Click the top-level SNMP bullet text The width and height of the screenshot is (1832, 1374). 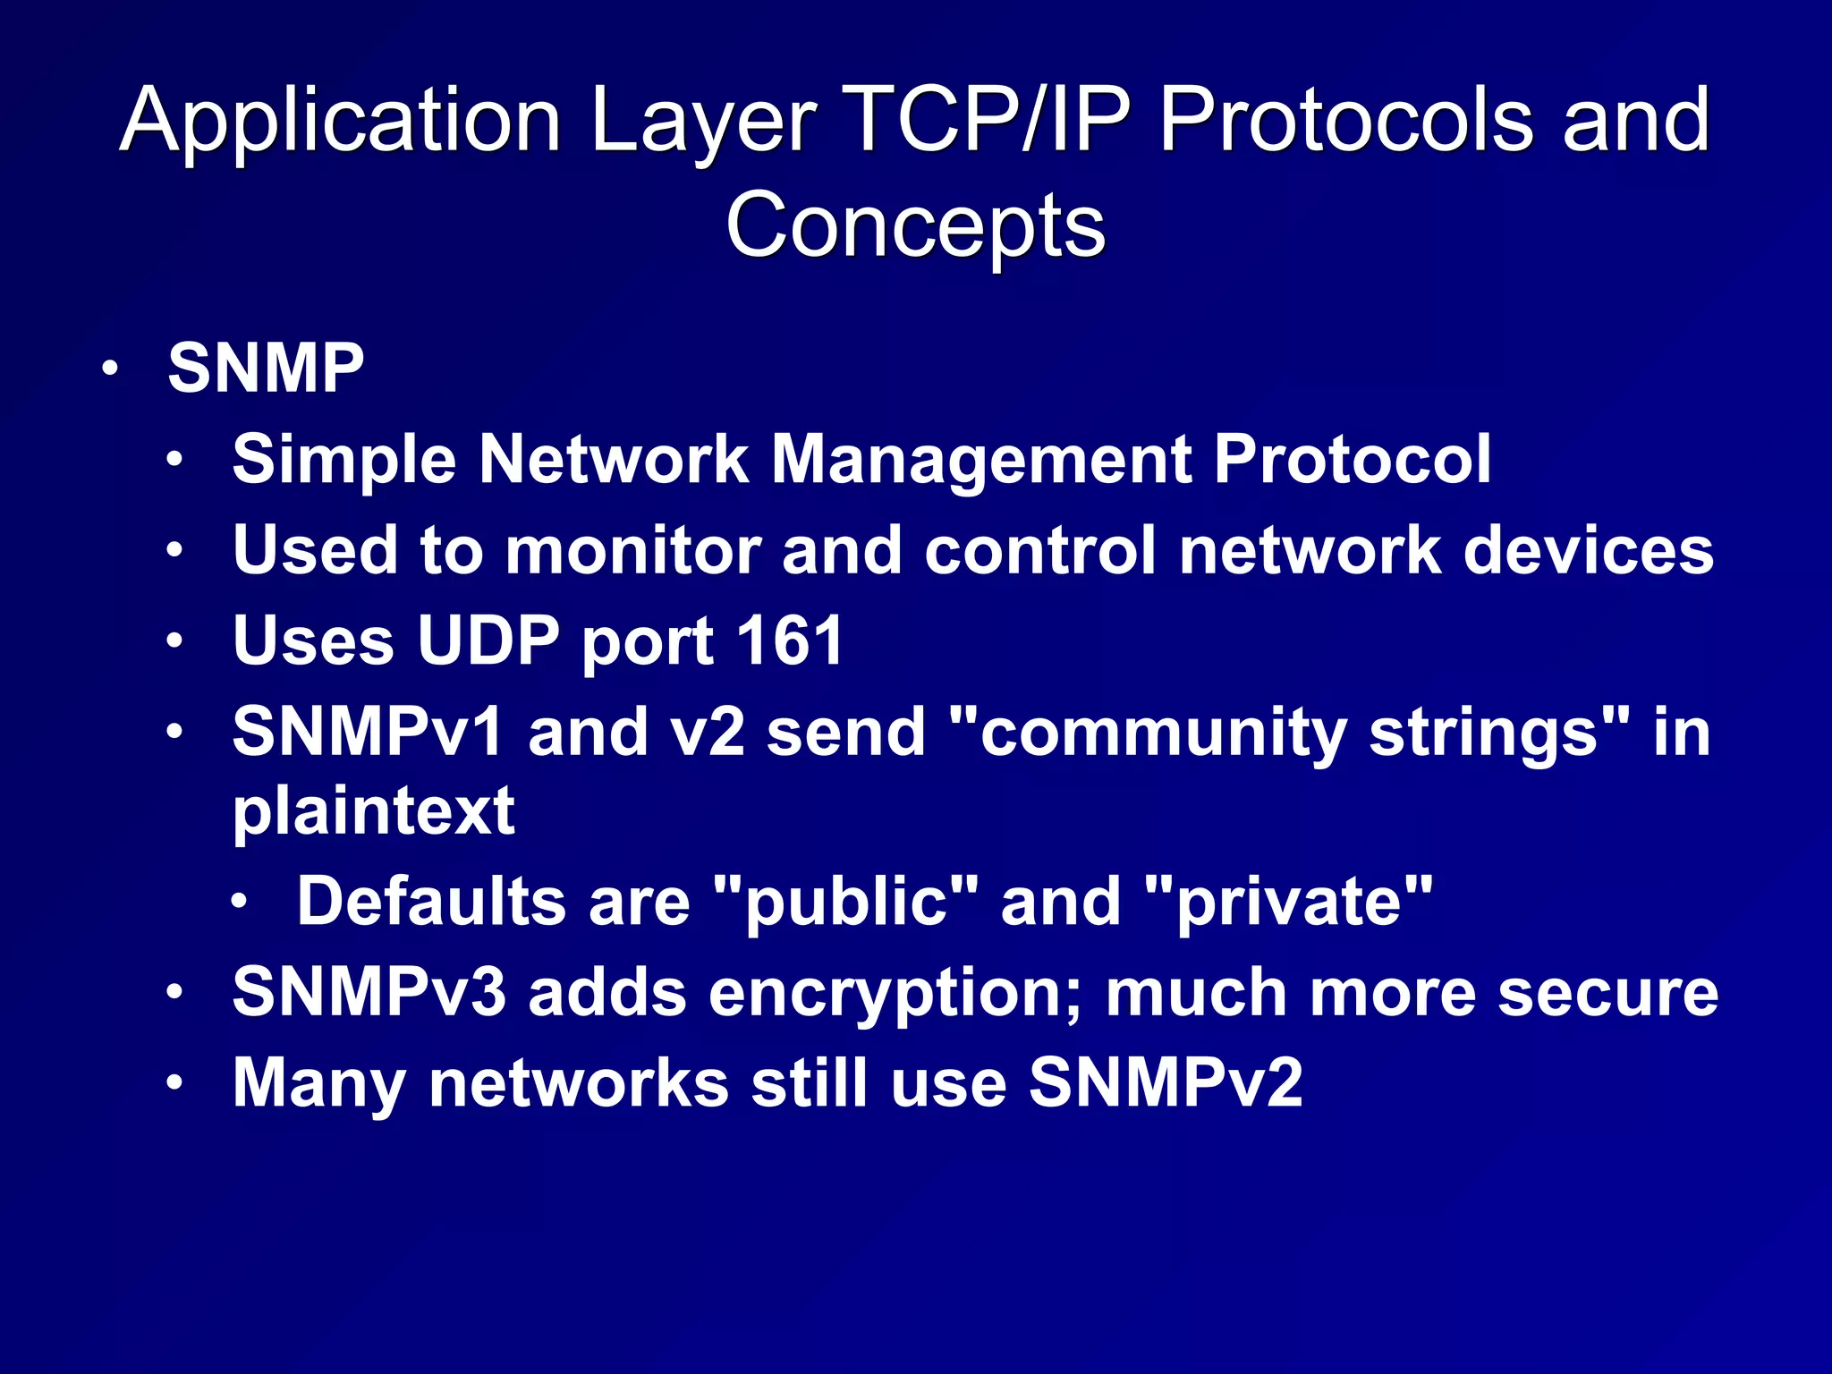[266, 368]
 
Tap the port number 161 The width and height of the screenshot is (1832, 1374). [790, 640]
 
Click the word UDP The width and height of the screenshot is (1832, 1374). [488, 640]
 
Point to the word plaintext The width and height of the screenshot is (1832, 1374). [373, 811]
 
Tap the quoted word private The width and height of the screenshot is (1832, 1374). [1288, 902]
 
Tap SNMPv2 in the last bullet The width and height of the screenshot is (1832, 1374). [1166, 1083]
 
